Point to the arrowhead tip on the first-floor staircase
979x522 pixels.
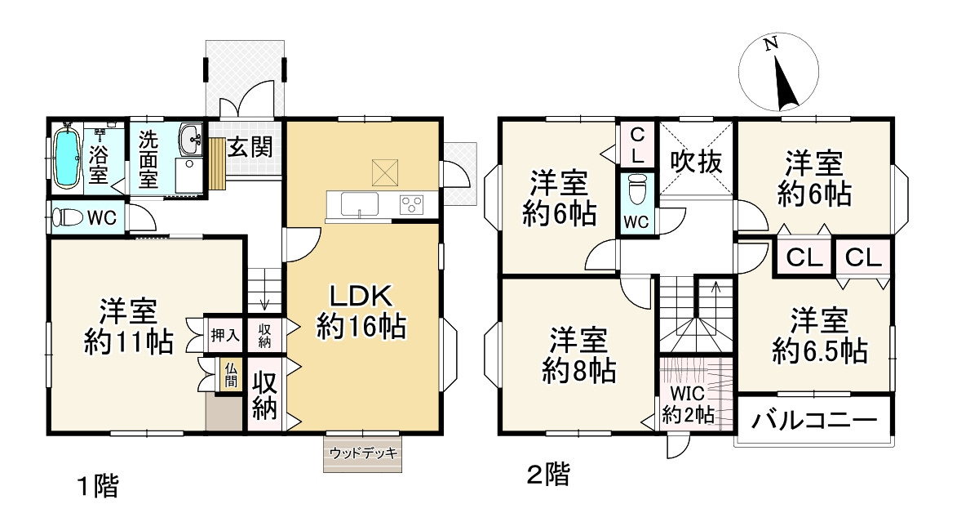(265, 309)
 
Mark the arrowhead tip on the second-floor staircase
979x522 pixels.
(715, 282)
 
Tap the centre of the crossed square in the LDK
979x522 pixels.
(385, 173)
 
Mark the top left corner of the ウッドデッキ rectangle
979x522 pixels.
(324, 435)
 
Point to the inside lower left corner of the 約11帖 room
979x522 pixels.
(51, 431)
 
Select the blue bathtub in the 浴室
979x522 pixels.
(66, 157)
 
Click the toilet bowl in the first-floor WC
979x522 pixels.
(68, 217)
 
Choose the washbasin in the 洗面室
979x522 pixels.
(191, 139)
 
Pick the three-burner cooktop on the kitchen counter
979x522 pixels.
(412, 205)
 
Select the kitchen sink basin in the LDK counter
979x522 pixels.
(359, 204)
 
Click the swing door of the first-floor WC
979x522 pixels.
(143, 217)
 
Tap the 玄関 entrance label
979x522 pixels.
(250, 147)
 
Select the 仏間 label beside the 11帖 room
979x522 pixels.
(231, 376)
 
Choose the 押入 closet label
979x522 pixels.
(224, 336)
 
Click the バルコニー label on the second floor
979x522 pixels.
(814, 421)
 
